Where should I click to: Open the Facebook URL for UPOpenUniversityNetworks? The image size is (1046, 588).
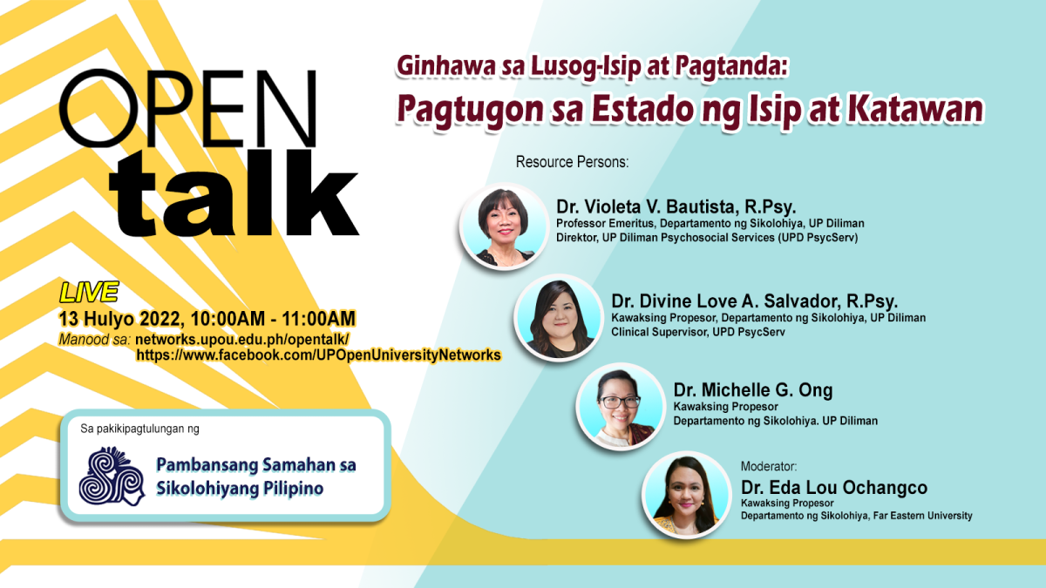point(318,355)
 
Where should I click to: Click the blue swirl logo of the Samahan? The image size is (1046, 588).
point(111,476)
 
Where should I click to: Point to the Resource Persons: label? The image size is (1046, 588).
point(572,162)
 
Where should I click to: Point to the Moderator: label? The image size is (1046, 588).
point(768,466)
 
